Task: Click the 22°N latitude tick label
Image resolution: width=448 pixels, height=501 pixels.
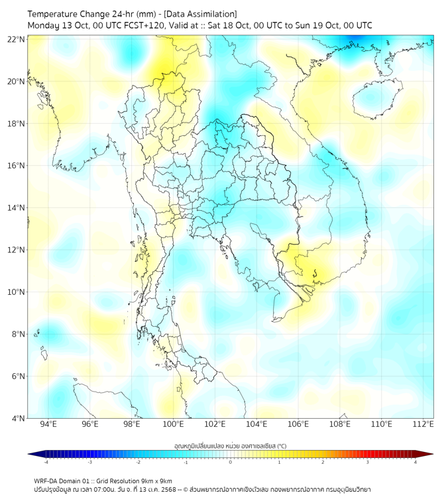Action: click(x=17, y=40)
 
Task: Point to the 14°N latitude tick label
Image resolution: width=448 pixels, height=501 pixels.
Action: click(x=17, y=208)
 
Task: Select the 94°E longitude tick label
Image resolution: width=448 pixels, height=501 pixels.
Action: click(x=48, y=425)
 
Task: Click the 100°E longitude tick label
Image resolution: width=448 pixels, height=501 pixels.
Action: click(x=174, y=425)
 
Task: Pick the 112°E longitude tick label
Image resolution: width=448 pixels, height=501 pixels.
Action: click(x=423, y=425)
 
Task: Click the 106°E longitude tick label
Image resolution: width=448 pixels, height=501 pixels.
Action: click(x=299, y=425)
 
